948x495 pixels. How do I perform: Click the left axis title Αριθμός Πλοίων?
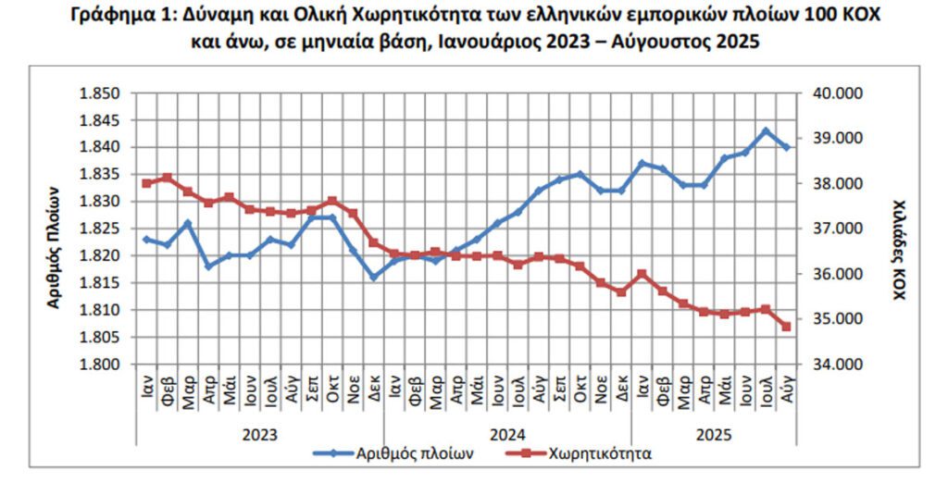coord(54,244)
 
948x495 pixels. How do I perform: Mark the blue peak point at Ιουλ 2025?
coord(766,130)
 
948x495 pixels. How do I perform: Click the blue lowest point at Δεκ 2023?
coord(374,277)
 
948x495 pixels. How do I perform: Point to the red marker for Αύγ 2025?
coord(786,326)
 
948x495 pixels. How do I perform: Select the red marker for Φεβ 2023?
coord(168,178)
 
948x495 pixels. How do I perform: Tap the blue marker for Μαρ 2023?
coord(188,223)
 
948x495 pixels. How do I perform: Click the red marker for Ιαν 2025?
coord(642,274)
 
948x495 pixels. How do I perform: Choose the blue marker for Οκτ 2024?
coord(580,174)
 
